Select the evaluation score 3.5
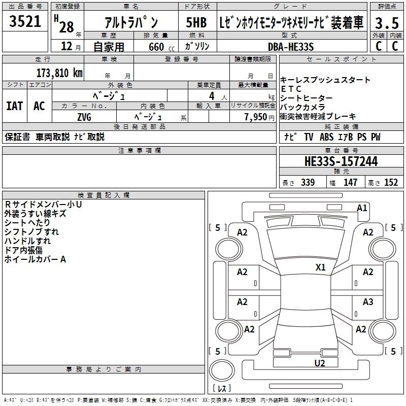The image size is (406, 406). coord(387,23)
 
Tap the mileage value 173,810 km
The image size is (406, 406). coord(59,73)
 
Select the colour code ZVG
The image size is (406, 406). coord(84,116)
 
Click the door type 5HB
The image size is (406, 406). coord(196,23)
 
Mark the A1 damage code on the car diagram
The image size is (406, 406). coord(362,208)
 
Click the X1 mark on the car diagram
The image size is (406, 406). coord(320,267)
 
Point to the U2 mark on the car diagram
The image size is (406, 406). coord(319,362)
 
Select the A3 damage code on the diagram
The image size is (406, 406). coord(368,302)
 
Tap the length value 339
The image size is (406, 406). coord(308,183)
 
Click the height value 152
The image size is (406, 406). coord(391,183)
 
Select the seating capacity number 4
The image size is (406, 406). coord(210,95)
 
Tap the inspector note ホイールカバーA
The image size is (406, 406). coord(35,259)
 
